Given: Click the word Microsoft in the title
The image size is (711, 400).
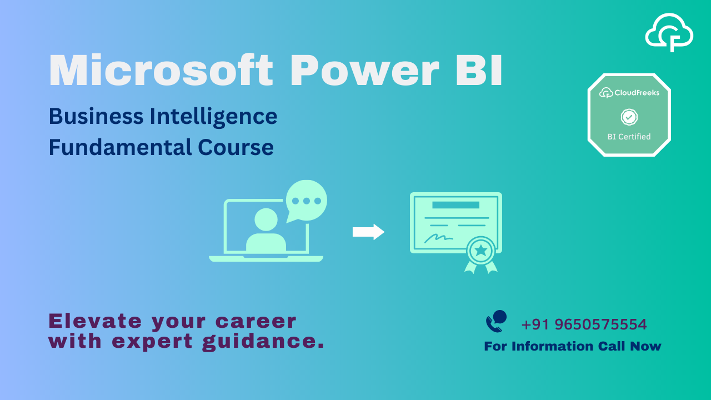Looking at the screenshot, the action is coord(161,70).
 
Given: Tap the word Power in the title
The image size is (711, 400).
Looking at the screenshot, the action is coord(365,71).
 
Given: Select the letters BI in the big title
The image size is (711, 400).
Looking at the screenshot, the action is coord(479,71).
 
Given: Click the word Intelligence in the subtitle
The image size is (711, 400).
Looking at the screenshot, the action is coord(213,117).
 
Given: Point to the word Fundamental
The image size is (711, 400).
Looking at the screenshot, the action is coord(121,147).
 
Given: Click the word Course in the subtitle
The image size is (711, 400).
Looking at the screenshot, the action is coord(236,148).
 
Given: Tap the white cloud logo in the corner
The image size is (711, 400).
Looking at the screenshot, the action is coord(669,32).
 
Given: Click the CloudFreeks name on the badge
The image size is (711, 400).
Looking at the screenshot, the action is coord(637,93).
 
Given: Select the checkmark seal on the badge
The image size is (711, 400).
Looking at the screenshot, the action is coord(629,117).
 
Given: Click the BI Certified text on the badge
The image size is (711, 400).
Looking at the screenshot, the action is coord(629,137).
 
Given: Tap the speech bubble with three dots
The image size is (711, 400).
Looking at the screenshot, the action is coord(306,201).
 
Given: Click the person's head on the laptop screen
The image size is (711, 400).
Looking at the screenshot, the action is coord(266,219).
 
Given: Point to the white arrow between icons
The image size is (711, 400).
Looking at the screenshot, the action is coord(368,232).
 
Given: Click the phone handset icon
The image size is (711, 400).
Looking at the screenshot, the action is coord(496,321).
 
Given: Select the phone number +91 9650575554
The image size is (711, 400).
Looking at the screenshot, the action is coord(584,324).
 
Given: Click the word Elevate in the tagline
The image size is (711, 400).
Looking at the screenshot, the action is coord(95,321).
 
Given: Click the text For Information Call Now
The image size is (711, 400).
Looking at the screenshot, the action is coord(573,346).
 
